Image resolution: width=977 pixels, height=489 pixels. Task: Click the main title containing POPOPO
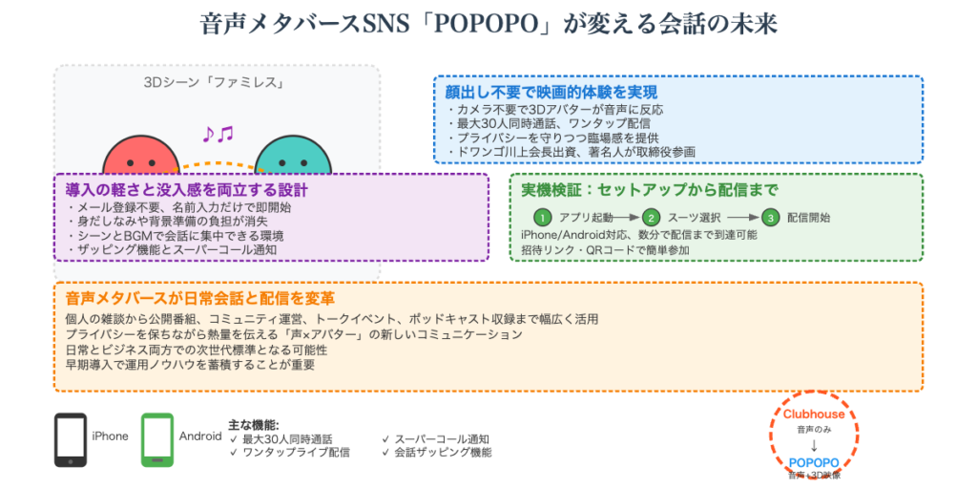click(x=488, y=24)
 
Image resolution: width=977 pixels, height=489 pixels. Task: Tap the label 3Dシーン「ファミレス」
click(x=216, y=83)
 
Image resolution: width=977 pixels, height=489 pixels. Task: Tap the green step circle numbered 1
click(x=542, y=217)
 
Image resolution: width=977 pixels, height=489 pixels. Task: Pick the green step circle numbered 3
click(x=771, y=217)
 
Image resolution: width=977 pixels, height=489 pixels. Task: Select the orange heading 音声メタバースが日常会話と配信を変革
click(x=200, y=299)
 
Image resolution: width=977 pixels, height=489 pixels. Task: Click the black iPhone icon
click(x=71, y=439)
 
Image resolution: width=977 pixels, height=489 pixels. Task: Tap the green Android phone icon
click(x=157, y=439)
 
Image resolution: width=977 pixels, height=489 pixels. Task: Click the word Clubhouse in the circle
click(x=814, y=415)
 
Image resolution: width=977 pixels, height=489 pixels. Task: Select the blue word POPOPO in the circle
click(x=814, y=462)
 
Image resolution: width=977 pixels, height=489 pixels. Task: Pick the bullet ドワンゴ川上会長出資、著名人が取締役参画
click(x=571, y=151)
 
